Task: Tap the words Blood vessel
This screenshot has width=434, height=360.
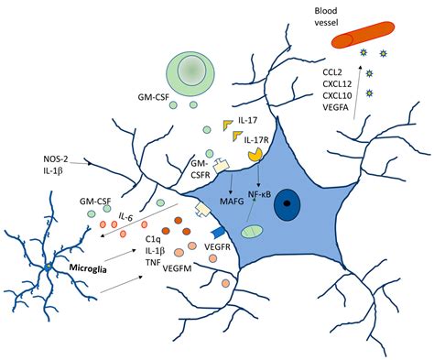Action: [329, 15]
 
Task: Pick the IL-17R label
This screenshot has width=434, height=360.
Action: [257, 137]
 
